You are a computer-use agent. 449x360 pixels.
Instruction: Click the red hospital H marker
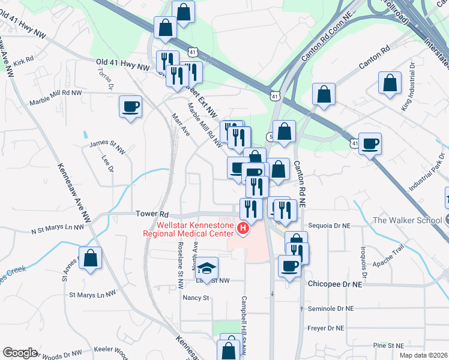(x=243, y=229)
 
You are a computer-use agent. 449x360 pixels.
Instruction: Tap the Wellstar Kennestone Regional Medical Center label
(x=191, y=229)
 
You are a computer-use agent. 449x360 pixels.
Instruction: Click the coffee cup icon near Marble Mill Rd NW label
(x=130, y=107)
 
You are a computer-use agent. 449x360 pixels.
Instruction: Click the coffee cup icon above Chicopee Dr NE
(x=289, y=266)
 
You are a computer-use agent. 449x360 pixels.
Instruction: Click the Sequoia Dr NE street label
(x=328, y=226)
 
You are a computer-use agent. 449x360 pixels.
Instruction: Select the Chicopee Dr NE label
(x=336, y=283)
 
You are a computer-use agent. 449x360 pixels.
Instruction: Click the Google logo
(x=20, y=353)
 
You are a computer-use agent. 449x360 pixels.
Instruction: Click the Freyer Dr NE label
(x=325, y=328)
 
